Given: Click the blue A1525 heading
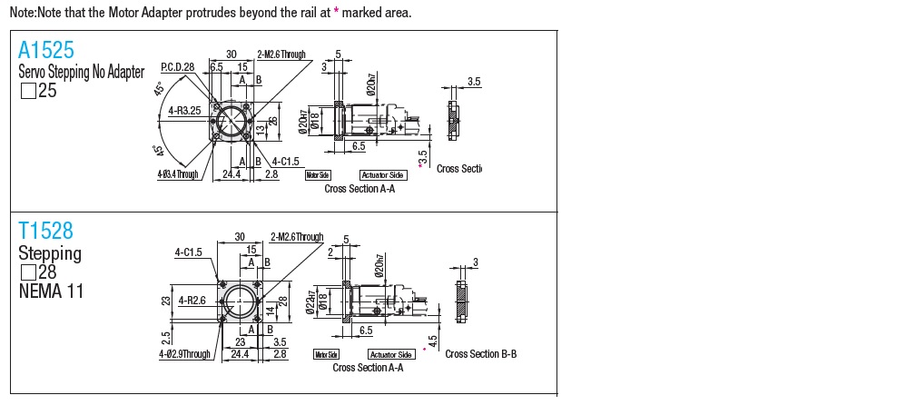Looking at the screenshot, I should click(45, 49).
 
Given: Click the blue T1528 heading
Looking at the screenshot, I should click(45, 231).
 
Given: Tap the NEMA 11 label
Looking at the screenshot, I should click(50, 291).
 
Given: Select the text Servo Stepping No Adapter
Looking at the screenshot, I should click(81, 73).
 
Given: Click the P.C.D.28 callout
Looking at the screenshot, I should click(179, 67).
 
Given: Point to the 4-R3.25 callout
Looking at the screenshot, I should click(185, 112).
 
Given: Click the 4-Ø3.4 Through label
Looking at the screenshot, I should click(176, 173).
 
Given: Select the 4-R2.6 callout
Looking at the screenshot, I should click(191, 300).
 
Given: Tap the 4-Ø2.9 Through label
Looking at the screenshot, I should click(184, 354).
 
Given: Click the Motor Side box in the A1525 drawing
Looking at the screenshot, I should click(318, 174).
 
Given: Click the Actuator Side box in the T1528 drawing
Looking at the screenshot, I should click(391, 354).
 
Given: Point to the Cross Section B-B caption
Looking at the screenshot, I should click(481, 353).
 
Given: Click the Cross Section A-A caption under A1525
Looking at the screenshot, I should click(359, 189).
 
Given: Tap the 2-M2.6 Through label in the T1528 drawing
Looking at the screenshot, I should click(297, 237).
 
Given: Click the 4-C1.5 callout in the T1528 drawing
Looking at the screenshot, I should click(190, 253).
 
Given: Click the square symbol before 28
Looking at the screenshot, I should click(27, 272).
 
